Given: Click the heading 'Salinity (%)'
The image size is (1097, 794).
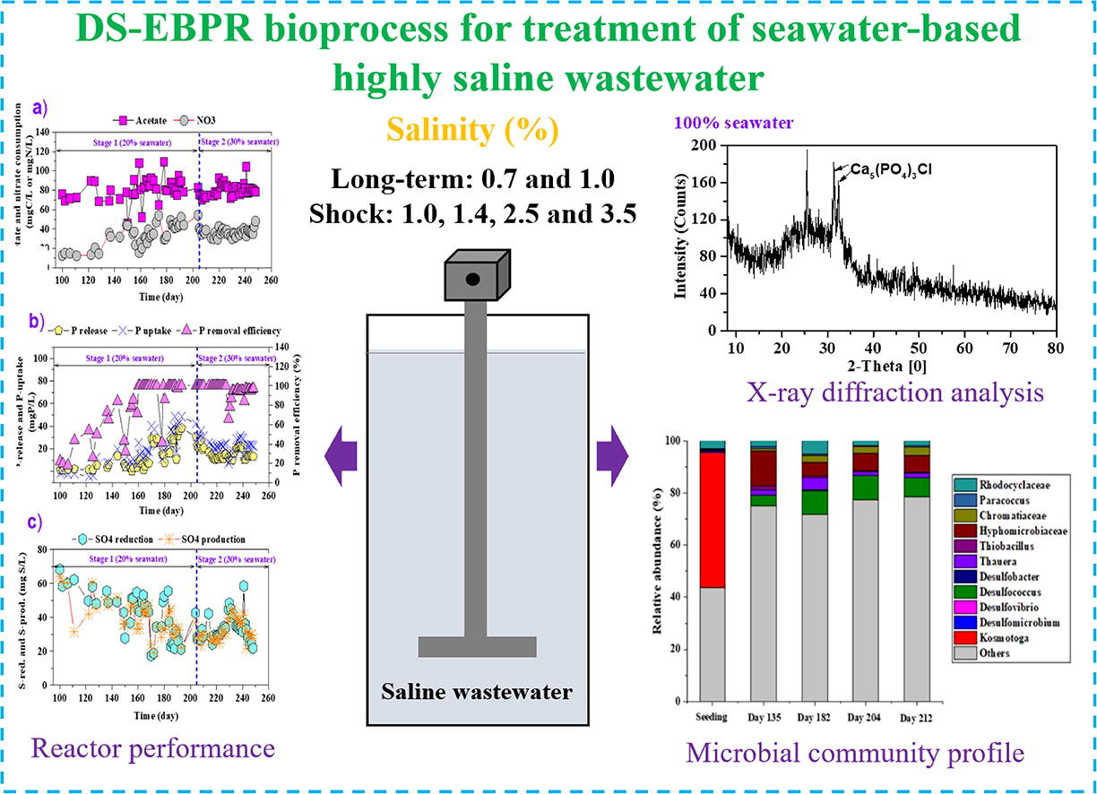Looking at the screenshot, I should [x=473, y=132].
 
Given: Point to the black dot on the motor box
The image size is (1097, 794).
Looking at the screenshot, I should [x=472, y=280].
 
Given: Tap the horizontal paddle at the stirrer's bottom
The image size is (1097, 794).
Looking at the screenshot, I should [x=477, y=646].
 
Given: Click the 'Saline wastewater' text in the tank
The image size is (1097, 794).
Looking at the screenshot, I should [x=477, y=691].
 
